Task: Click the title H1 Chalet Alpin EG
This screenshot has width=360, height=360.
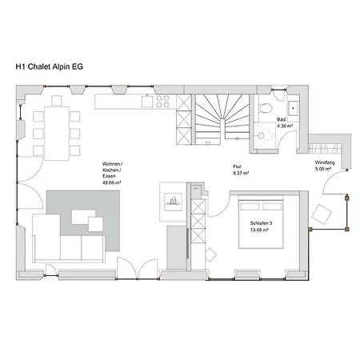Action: click(x=50, y=66)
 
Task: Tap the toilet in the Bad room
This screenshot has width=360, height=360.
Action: click(x=266, y=108)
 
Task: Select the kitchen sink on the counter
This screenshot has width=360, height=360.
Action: click(x=147, y=101)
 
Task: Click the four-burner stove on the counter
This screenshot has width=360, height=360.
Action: click(x=162, y=102)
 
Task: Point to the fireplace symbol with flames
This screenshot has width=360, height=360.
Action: click(x=173, y=202)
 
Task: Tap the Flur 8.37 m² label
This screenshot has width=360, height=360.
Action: click(x=241, y=170)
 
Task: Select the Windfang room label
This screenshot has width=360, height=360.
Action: click(x=325, y=162)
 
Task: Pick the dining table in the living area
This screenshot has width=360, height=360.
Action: click(x=57, y=134)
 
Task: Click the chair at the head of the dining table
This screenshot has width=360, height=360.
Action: click(x=57, y=101)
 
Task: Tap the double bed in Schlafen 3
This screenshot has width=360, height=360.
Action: click(x=261, y=222)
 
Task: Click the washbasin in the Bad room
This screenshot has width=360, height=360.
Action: click(x=293, y=109)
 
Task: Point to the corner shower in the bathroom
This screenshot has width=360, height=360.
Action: click(x=264, y=138)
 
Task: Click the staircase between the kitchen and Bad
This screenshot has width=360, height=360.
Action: click(x=222, y=119)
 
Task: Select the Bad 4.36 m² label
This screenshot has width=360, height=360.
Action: click(x=283, y=122)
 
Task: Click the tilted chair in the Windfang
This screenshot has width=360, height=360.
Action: click(x=322, y=214)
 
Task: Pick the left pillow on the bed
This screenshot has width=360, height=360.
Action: click(x=250, y=206)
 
